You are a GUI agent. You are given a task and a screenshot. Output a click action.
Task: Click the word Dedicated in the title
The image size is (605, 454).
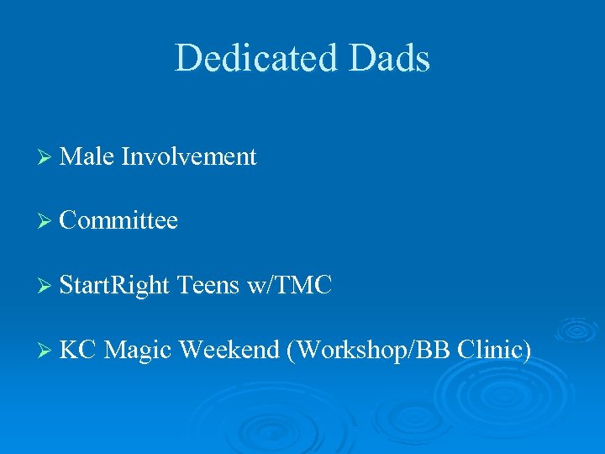coord(251,59)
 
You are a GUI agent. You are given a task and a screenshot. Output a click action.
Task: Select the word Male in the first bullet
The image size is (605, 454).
coord(87,156)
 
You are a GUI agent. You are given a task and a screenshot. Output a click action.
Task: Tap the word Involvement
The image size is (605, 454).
coord(189,156)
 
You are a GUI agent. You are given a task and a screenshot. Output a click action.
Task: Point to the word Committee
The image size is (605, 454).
coord(119,221)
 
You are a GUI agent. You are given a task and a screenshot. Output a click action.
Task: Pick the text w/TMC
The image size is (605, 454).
coord(291,286)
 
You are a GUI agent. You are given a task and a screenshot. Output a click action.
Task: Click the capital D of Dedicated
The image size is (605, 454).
coord(187,59)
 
